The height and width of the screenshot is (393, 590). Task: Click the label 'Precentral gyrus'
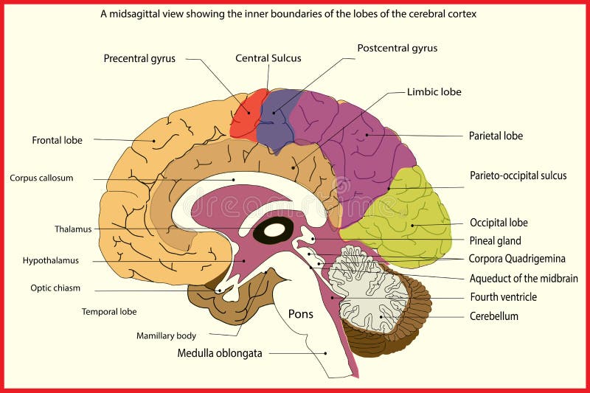pos(139,58)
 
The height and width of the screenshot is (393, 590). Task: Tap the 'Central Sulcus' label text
pos(268,58)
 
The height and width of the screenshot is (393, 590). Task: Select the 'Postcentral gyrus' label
pos(397,49)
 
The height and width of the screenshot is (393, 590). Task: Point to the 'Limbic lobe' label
pos(434,92)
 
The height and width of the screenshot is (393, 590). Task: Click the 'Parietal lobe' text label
pos(496,136)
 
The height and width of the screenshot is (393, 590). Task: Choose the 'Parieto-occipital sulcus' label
pos(518,175)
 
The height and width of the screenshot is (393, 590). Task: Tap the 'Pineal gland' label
pos(495,240)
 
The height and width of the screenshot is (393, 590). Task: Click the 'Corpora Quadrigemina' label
pos(517,259)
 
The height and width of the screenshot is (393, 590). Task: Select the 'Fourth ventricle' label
pos(503,297)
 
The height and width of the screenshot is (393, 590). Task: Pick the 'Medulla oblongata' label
pos(220,353)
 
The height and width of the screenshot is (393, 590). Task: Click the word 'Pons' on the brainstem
pos(300,314)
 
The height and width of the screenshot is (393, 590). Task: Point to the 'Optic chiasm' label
pos(55,288)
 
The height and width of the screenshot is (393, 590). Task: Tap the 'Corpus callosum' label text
pos(41,178)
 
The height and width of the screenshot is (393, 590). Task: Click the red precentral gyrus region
pos(245,116)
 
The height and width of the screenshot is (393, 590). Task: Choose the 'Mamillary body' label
pos(166,335)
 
